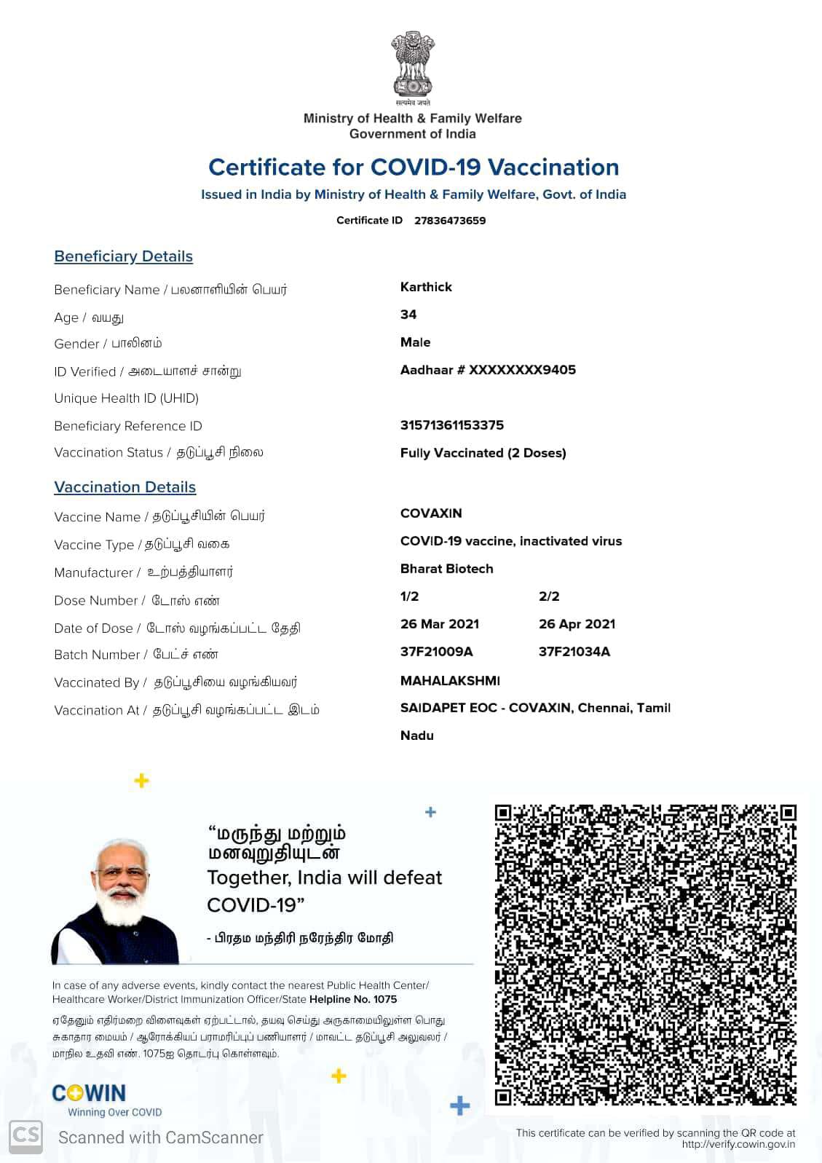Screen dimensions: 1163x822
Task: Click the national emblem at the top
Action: (412, 65)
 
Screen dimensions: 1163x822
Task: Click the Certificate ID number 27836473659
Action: (449, 221)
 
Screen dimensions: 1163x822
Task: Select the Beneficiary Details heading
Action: (123, 256)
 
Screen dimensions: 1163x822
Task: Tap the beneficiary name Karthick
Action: (426, 287)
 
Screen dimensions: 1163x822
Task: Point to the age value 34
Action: (408, 315)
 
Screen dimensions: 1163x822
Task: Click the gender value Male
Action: (415, 342)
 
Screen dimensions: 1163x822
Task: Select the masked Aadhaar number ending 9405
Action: (488, 370)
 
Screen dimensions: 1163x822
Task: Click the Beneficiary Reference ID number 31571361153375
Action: (451, 425)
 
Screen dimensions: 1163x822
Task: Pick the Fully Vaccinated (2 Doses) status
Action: (483, 453)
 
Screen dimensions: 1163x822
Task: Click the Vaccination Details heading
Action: (125, 487)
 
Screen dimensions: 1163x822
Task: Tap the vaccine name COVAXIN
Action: (431, 513)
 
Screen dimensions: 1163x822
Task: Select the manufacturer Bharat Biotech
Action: (446, 569)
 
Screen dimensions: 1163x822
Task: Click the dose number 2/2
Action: (549, 596)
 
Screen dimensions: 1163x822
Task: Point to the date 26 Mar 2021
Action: (440, 624)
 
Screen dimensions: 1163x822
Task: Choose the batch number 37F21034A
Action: (574, 652)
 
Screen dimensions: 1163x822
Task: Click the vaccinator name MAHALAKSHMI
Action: (450, 681)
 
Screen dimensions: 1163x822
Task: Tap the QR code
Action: (645, 955)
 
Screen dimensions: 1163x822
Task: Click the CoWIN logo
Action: (89, 1093)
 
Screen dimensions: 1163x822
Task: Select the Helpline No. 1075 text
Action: (353, 999)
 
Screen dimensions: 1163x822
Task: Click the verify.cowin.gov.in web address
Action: (738, 1144)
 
